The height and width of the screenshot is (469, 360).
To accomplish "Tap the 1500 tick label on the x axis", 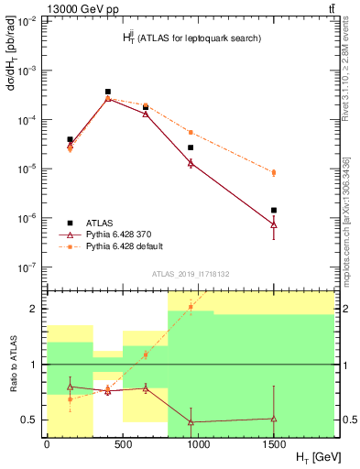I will [274, 444].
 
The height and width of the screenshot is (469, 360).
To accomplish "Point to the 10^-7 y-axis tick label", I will [27, 267].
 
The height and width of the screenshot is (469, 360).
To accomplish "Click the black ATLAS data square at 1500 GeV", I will [274, 210].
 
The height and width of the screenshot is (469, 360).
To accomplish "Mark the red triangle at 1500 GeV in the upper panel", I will [274, 224].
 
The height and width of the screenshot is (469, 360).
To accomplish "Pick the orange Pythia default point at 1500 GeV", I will [274, 172].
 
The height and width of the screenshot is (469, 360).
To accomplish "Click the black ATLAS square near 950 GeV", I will [191, 147].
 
